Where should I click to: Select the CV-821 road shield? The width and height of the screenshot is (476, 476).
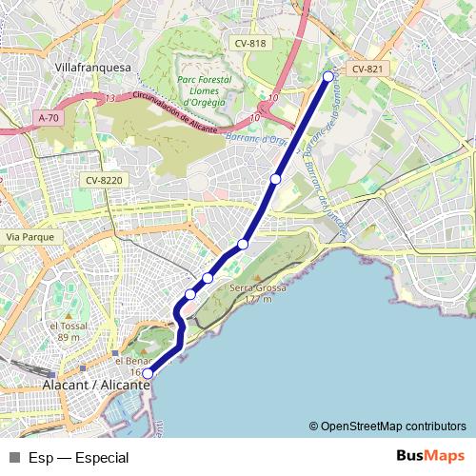pos(367,69)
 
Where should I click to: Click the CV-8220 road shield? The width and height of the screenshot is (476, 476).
pos(105,179)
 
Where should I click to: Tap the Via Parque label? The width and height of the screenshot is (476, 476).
pos(28,236)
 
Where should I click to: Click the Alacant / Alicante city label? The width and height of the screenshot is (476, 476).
pos(97,386)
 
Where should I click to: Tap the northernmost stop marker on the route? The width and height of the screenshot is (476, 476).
pos(328,76)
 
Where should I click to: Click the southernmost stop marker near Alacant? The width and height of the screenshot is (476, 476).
pos(148,374)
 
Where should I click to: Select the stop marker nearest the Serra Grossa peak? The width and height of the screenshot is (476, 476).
pos(208,278)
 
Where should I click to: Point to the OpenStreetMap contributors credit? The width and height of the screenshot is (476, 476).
pos(392,426)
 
